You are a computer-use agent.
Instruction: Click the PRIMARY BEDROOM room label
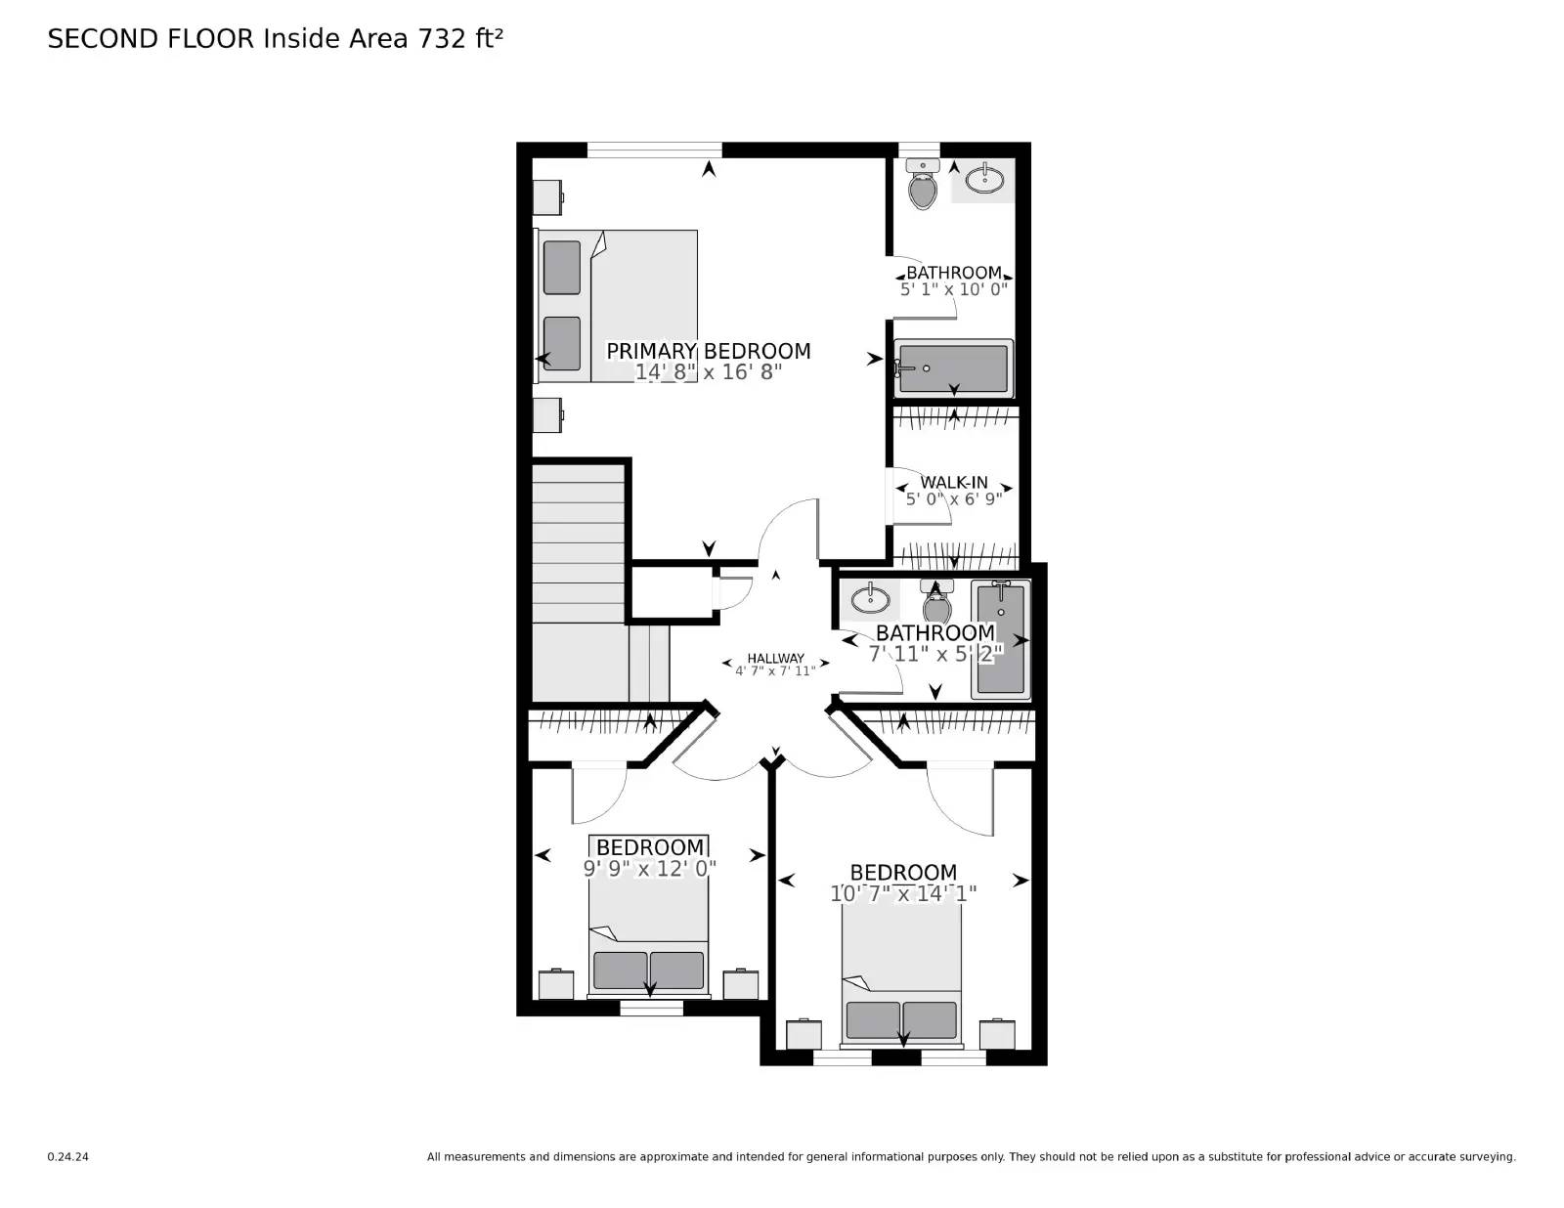[x=708, y=351]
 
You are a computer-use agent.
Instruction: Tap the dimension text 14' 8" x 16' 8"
[x=708, y=372]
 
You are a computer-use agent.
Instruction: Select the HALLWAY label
[x=775, y=658]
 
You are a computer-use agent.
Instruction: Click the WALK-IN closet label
[x=954, y=482]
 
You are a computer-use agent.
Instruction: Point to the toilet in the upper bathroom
[x=922, y=187]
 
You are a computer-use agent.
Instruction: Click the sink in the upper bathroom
[x=984, y=180]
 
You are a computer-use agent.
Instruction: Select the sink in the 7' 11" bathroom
[x=869, y=597]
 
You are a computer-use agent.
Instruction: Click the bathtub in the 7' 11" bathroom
[x=1000, y=640]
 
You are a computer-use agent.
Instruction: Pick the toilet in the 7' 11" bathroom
[x=936, y=602]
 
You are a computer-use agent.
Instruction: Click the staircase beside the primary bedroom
[x=579, y=542]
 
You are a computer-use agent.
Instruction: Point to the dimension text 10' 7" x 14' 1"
[x=903, y=893]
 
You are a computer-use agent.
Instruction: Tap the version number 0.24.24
[x=67, y=1157]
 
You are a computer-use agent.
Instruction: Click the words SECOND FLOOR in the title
[x=151, y=39]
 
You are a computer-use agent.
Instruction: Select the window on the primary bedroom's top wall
[x=654, y=150]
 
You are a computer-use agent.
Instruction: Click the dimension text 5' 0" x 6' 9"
[x=954, y=498]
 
